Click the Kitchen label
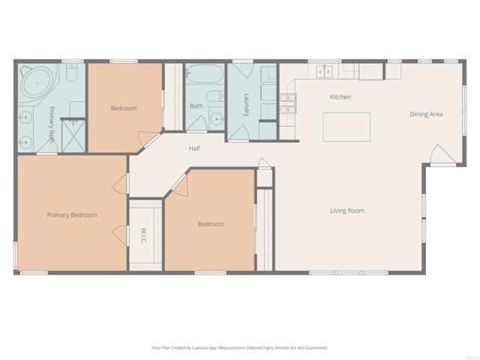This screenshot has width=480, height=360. [x=340, y=97]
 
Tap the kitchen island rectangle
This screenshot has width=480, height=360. [x=346, y=127]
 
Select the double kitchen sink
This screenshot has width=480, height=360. [x=324, y=71]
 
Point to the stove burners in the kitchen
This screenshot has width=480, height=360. [x=288, y=103]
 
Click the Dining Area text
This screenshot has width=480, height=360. [x=426, y=114]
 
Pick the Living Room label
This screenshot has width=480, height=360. [x=346, y=211]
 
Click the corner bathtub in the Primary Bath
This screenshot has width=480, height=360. [x=35, y=81]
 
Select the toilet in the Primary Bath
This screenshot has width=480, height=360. [x=71, y=73]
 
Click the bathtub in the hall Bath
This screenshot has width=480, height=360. [x=204, y=75]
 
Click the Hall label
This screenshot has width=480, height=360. [x=194, y=148]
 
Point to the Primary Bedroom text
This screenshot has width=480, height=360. [x=72, y=215]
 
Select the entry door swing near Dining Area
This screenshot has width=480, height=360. [x=441, y=154]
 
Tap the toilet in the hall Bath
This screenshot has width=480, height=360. [x=214, y=96]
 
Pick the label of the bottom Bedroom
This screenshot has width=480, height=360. [x=211, y=223]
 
